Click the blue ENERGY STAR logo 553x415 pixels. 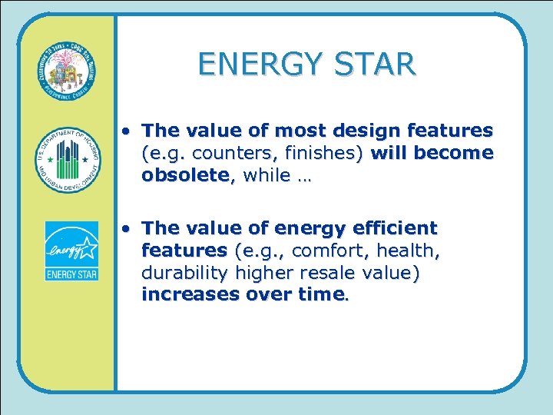pyautogui.click(x=71, y=251)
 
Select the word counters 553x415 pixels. pyautogui.click(x=219, y=153)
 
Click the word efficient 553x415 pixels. pyautogui.click(x=393, y=228)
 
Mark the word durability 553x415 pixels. pyautogui.click(x=181, y=273)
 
